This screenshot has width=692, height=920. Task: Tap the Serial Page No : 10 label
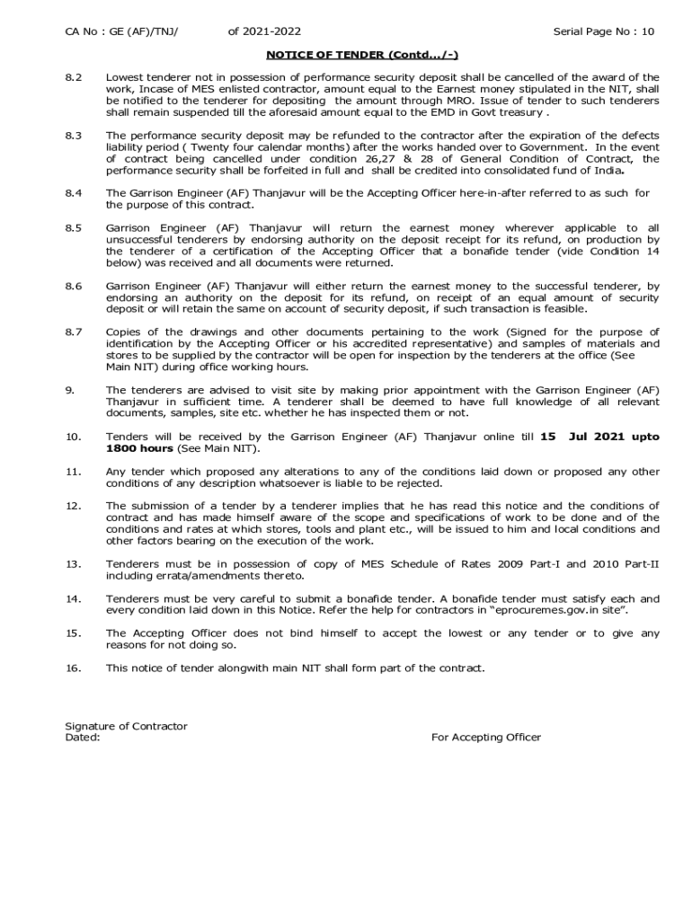tap(603, 32)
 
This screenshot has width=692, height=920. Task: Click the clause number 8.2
tap(74, 78)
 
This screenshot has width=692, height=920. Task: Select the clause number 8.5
tap(74, 228)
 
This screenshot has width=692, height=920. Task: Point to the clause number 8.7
tap(74, 332)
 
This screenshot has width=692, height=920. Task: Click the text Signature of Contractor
tap(126, 726)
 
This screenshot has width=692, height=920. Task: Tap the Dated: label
tap(83, 738)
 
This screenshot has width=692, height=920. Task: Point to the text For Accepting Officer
tap(486, 738)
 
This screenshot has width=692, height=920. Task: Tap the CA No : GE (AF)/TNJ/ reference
tap(121, 32)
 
